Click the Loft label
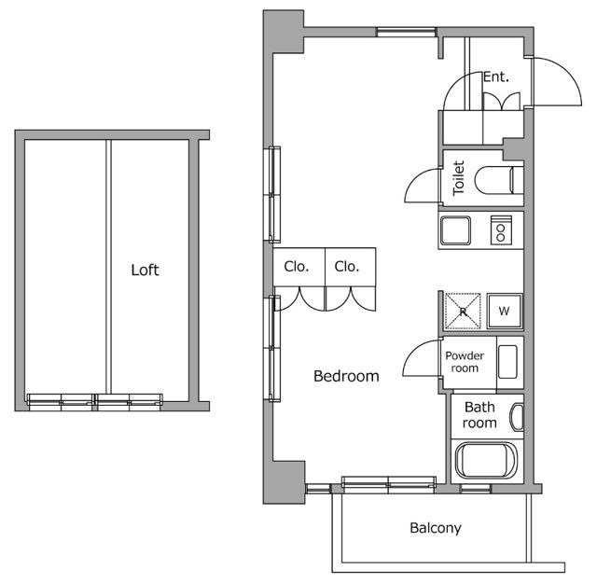coord(145,270)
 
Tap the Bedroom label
coord(346,376)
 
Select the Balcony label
coord(436,528)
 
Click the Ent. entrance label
coord(495,77)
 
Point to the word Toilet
coord(458,178)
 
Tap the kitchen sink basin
coord(455,230)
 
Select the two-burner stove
coord(501,230)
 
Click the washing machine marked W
coord(505,311)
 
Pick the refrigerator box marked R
coord(463,311)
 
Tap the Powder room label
coord(465,362)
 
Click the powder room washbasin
coord(507,362)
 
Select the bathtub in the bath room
coord(487,460)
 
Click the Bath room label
coord(479,415)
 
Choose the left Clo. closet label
coord(297,267)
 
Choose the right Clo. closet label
coord(347,267)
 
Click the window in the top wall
coord(407,33)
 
